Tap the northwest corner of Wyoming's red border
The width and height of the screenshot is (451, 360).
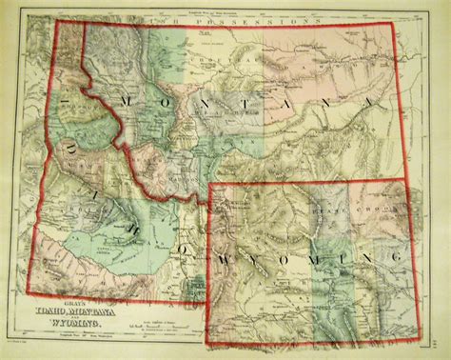(209, 187)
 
